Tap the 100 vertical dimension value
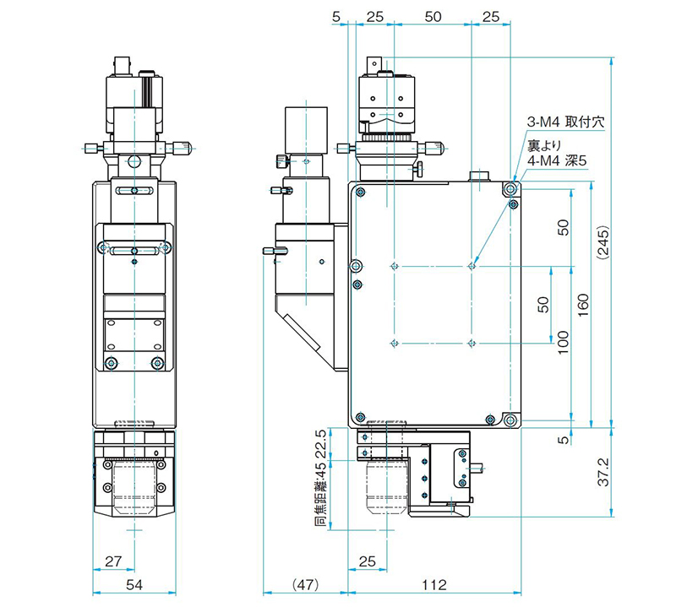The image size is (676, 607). click(x=564, y=343)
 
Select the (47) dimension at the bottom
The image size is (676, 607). click(x=305, y=584)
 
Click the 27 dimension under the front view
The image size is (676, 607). click(x=113, y=560)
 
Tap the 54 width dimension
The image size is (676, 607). click(x=134, y=584)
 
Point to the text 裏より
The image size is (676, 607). click(x=545, y=141)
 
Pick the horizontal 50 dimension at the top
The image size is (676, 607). click(x=432, y=16)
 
